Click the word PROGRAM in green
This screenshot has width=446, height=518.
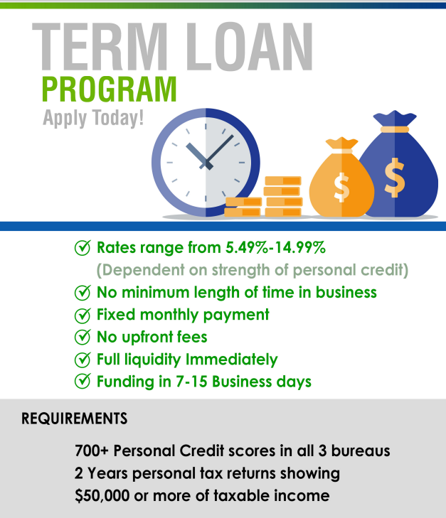point(109,90)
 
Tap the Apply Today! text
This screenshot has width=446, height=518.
point(93,118)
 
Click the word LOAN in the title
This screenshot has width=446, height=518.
point(250,47)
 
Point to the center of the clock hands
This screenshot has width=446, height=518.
point(206,163)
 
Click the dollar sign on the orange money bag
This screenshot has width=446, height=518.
point(341,188)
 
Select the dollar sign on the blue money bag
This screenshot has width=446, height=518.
point(394,178)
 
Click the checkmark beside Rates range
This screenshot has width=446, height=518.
point(83,248)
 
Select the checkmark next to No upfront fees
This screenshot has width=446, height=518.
point(83,337)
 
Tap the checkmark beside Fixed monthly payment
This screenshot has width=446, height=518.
point(83,315)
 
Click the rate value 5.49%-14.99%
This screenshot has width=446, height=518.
point(276,247)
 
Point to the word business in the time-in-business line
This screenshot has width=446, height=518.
point(346,292)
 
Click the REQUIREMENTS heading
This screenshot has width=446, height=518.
point(75,419)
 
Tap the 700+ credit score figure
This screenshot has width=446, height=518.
point(92,450)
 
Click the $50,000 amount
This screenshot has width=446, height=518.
point(102,496)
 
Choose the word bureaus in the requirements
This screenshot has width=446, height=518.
point(361,451)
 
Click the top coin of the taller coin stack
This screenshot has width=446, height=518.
point(283,180)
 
